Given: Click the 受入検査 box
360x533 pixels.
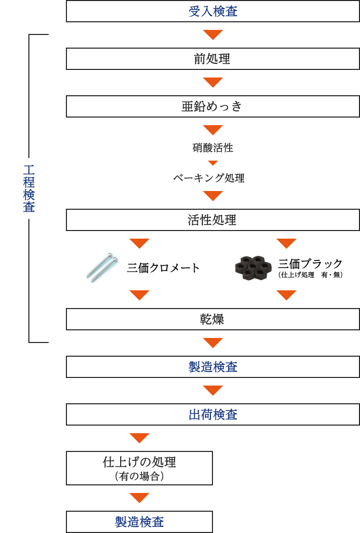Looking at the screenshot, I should coord(213,11).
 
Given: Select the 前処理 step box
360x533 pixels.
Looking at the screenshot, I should coord(213,59).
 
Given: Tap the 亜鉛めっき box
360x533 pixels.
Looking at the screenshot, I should coord(213,106).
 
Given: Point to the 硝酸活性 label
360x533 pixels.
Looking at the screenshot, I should coord(213,148).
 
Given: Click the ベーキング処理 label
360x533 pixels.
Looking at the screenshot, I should coord(209,178).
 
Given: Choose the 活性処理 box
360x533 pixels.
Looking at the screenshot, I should coord(213,220).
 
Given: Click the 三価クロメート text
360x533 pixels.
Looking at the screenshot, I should coord(163,268).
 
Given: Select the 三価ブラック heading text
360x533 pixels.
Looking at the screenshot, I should coord(310,263).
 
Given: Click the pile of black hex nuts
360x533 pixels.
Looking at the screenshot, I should coord(254,268).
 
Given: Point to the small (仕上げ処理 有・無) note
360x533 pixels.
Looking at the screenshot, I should coord(310,275).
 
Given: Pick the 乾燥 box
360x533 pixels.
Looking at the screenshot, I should coord(213,319).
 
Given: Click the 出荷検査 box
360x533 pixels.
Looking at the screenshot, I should coord(213,414).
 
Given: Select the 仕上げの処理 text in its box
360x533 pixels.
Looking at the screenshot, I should coord(139,462).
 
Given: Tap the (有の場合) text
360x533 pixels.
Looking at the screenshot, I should coord(139,476).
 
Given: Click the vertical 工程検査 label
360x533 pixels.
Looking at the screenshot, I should coord(29,188).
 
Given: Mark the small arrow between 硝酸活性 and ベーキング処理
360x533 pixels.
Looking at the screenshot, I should coord(213,163).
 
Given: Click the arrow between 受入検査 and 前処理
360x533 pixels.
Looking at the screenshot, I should coord(213,35).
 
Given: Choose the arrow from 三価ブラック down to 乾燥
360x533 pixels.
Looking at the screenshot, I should coord(286,295).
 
